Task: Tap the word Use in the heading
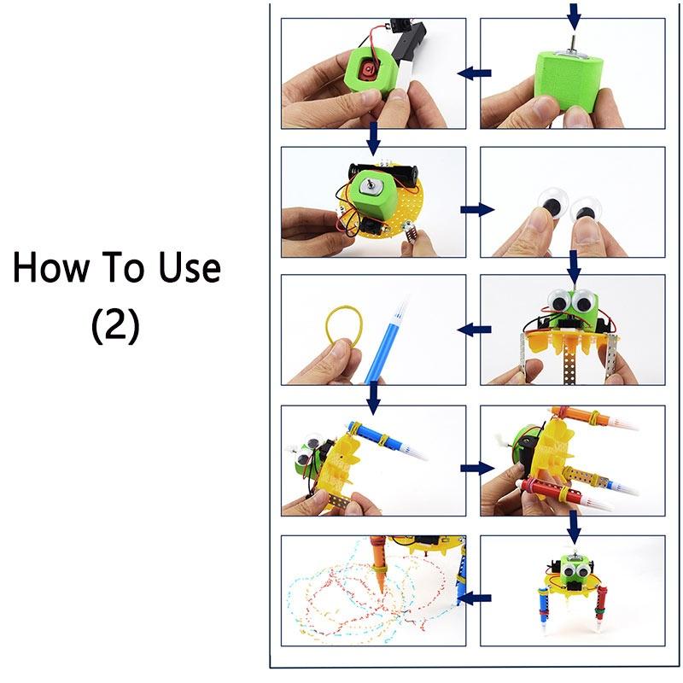[185, 269]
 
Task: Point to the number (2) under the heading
[115, 325]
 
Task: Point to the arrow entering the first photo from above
[573, 13]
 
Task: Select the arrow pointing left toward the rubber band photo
[472, 329]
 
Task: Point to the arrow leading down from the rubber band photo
[373, 396]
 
